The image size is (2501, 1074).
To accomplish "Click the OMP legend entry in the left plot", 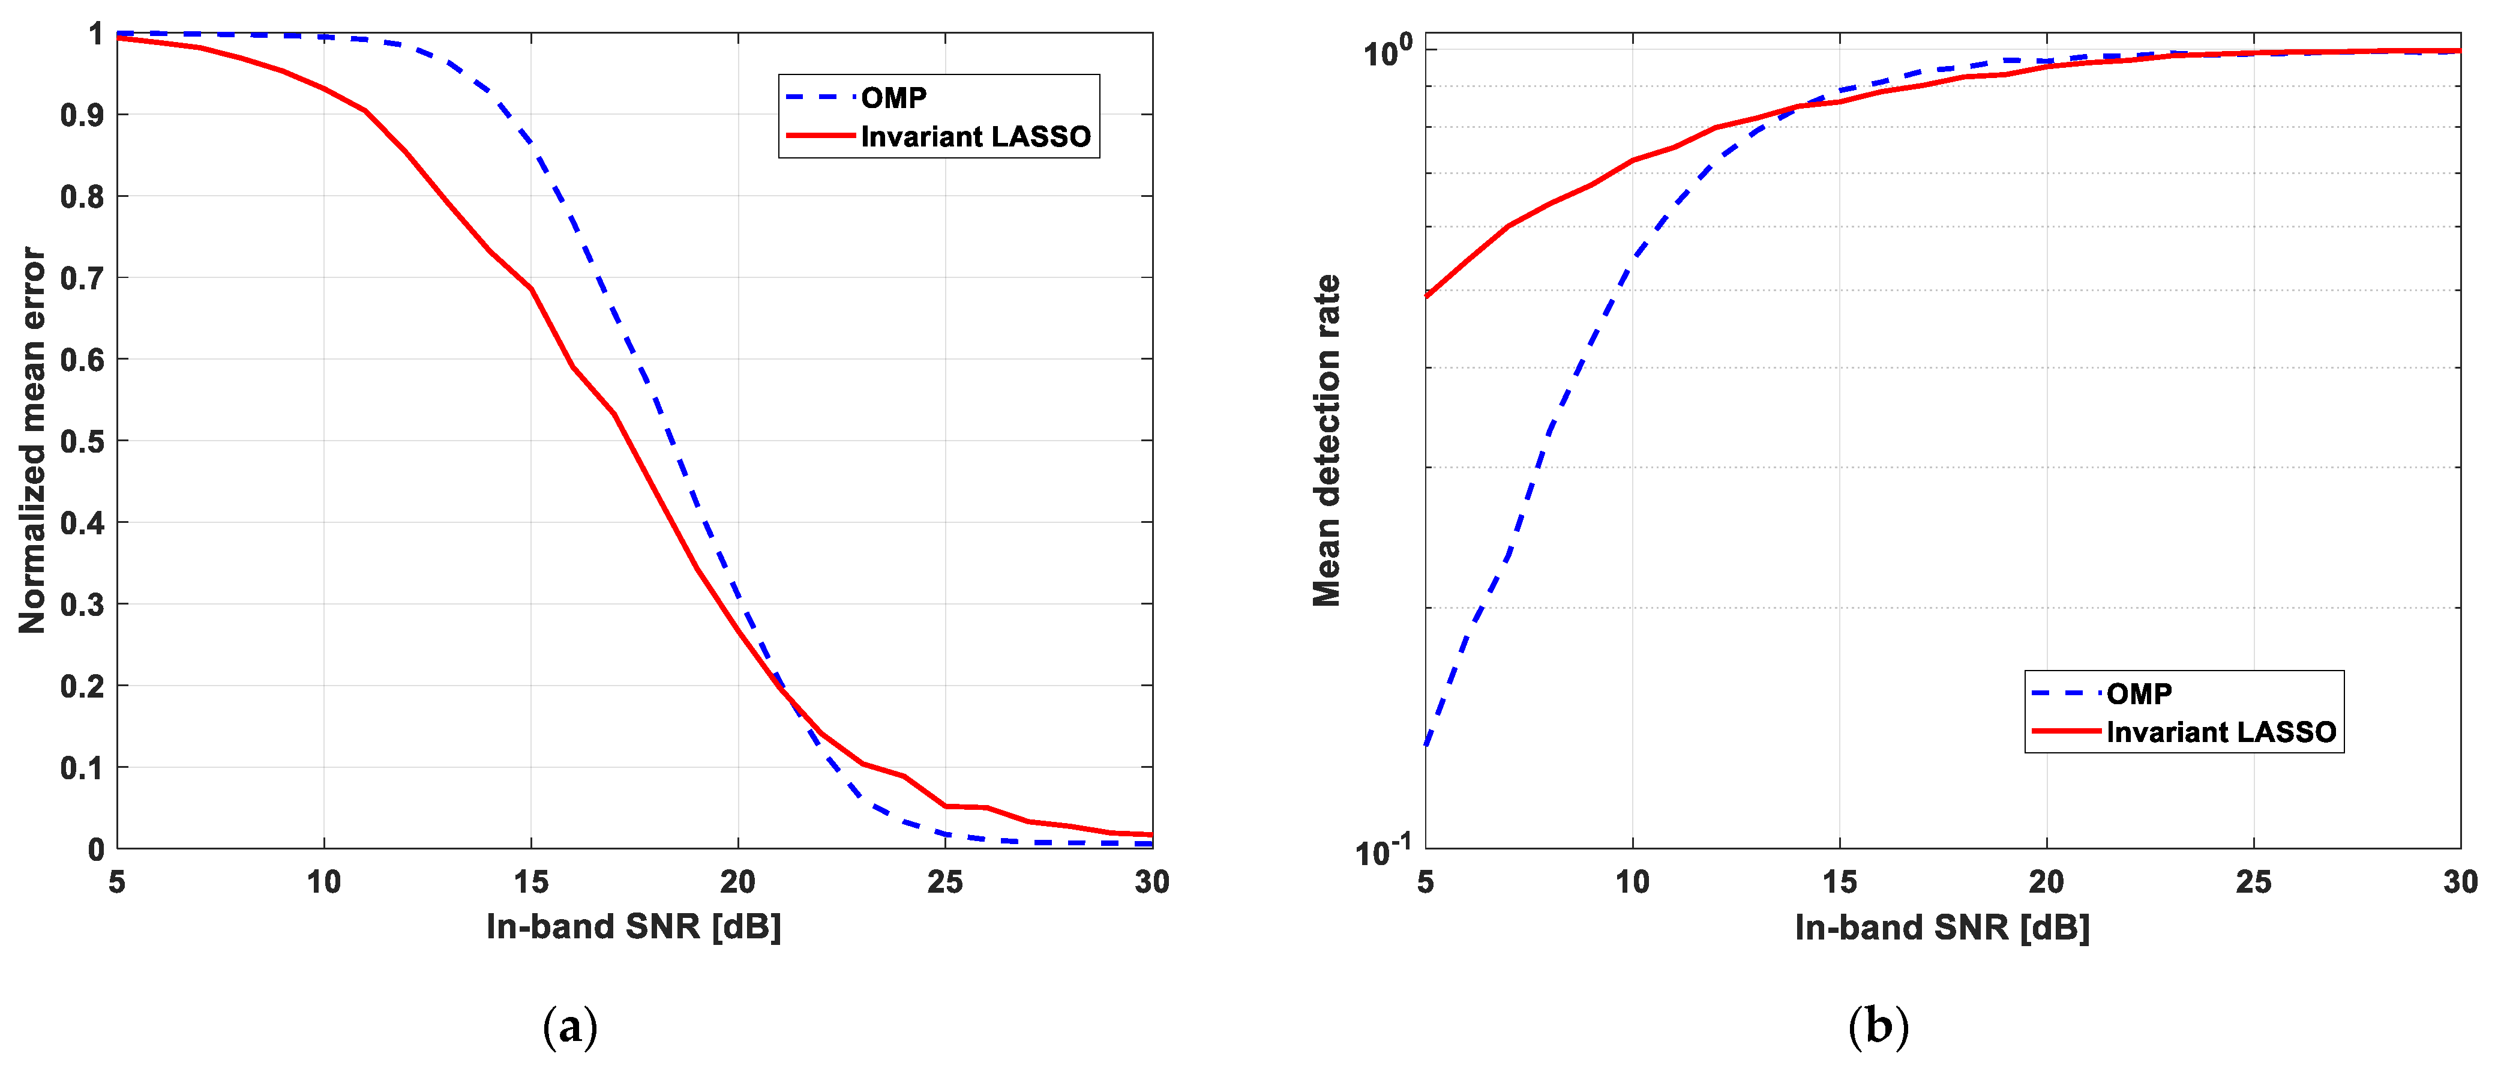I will (x=893, y=98).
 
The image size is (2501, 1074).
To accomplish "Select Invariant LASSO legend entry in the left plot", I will (x=974, y=137).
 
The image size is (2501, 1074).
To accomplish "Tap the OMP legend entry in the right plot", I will (x=2139, y=693).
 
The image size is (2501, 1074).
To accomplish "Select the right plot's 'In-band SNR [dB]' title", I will (x=1942, y=926).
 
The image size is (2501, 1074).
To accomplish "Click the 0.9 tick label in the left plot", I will (x=83, y=115).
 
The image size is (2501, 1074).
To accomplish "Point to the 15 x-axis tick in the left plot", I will (x=531, y=882).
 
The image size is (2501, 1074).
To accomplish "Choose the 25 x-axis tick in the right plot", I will (x=2253, y=882).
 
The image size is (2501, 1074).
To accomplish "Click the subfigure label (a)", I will (x=570, y=1027).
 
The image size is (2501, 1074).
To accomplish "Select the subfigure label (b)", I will (x=1878, y=1027).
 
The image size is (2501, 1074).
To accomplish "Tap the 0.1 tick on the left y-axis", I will (x=83, y=768).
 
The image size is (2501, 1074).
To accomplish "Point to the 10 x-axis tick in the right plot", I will (x=1632, y=882).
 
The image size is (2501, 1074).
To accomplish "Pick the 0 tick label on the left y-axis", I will (x=96, y=849).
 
